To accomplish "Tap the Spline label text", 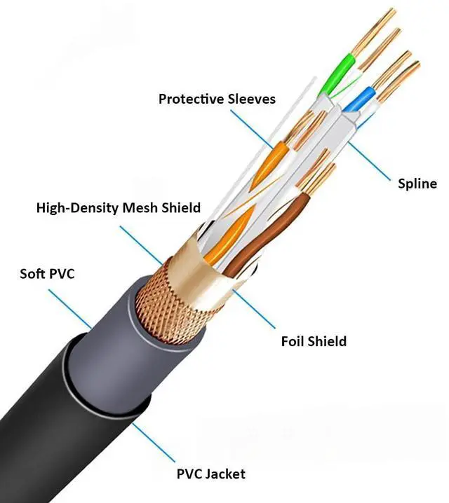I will pyautogui.click(x=417, y=184).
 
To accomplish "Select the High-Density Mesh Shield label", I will pyautogui.click(x=118, y=207).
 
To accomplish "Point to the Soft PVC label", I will pyautogui.click(x=46, y=273).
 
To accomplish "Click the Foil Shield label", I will pyautogui.click(x=314, y=342).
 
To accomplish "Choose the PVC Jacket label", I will pyautogui.click(x=210, y=474).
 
